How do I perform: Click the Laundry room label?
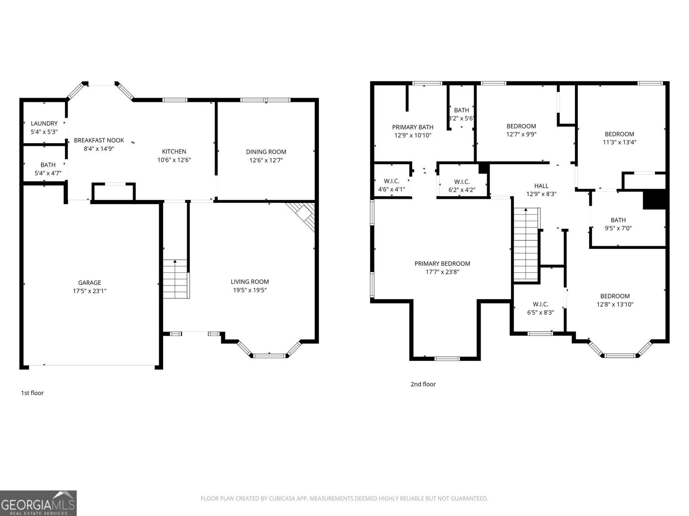(x=44, y=123)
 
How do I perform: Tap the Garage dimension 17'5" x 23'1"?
(x=90, y=291)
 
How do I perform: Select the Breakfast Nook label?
(x=99, y=140)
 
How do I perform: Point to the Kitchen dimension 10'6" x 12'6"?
(x=174, y=160)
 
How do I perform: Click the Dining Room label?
(x=266, y=152)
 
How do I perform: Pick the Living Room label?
(x=250, y=282)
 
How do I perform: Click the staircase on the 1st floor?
(x=176, y=279)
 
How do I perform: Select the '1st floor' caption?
(x=32, y=393)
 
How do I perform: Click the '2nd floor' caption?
(x=423, y=384)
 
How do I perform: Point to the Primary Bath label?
(x=413, y=127)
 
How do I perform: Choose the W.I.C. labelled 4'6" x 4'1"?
(x=391, y=185)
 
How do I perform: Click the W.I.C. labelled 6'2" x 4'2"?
(x=462, y=186)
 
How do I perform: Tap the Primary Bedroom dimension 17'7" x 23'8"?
(x=442, y=272)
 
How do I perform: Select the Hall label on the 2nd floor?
(x=541, y=186)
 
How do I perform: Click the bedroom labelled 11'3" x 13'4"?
(x=619, y=138)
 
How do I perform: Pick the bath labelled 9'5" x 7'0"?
(x=618, y=224)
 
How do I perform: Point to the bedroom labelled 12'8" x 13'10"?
(x=615, y=300)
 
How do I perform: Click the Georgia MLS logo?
(x=38, y=503)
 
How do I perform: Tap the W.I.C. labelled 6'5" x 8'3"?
(x=540, y=308)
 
